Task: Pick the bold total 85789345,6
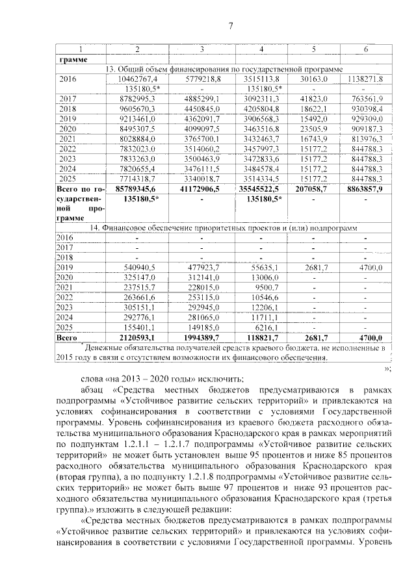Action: (x=136, y=187)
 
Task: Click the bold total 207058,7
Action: (x=314, y=187)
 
